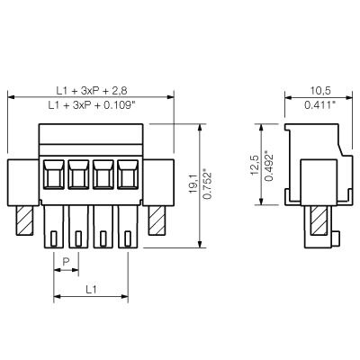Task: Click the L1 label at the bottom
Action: [x=92, y=290]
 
